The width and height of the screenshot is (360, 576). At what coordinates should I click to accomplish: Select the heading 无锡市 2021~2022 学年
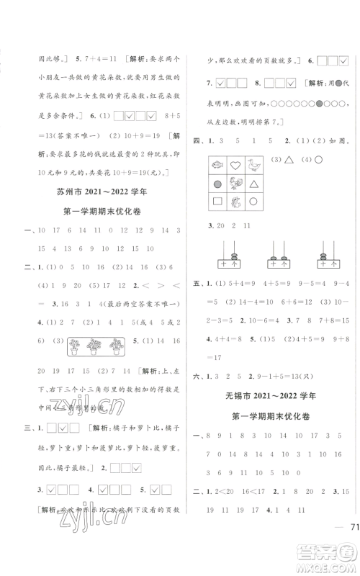[269, 396]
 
